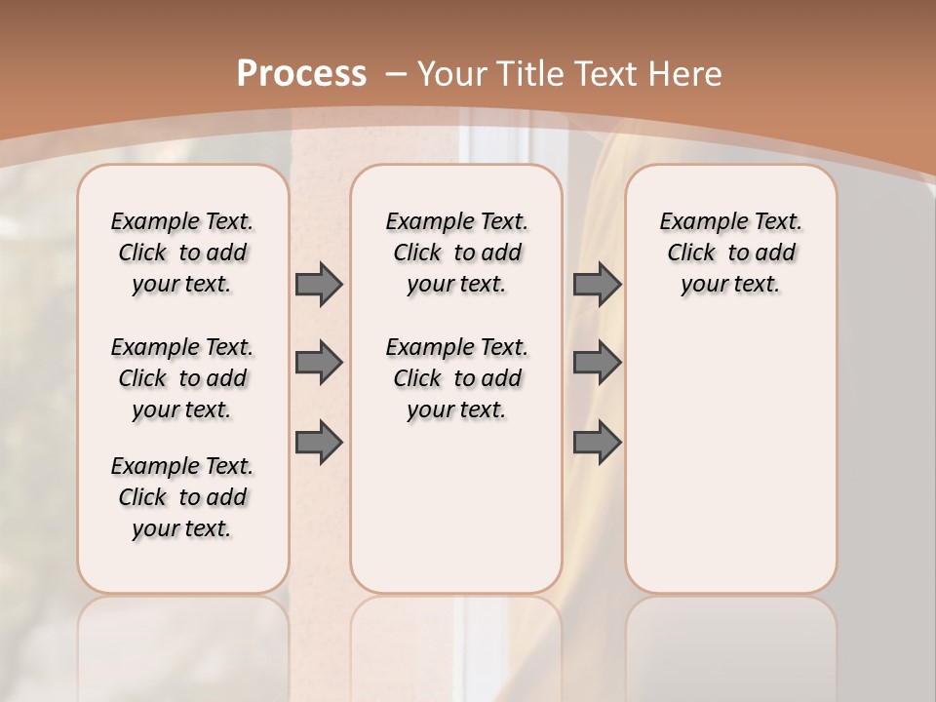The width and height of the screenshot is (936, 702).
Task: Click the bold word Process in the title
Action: click(x=301, y=74)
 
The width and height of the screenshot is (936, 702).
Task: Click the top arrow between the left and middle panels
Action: click(x=319, y=285)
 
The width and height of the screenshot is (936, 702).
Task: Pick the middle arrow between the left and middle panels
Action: click(x=319, y=363)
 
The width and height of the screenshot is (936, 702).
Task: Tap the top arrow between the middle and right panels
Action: click(x=597, y=285)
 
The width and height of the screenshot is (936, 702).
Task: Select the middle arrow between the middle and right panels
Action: click(x=597, y=363)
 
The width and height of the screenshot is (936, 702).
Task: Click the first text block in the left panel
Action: click(x=182, y=253)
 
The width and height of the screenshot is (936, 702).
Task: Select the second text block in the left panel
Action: click(x=182, y=378)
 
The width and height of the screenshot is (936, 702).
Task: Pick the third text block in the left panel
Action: click(x=182, y=497)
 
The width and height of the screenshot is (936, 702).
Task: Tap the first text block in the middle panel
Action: click(x=457, y=253)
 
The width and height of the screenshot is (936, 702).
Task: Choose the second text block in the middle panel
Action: click(x=457, y=378)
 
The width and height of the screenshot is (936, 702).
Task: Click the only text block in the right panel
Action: click(x=731, y=253)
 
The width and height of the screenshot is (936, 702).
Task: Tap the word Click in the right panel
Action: click(x=691, y=253)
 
